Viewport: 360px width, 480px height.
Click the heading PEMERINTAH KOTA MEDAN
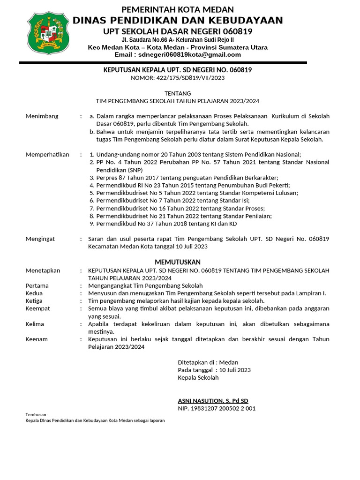(x=178, y=10)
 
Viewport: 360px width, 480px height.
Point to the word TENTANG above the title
(x=178, y=93)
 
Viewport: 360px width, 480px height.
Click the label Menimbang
(x=42, y=116)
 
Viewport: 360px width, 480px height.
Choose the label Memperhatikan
(x=47, y=154)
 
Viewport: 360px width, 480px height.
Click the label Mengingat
(x=40, y=239)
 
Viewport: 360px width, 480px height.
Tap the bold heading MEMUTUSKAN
(x=178, y=262)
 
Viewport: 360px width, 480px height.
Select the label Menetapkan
(x=43, y=270)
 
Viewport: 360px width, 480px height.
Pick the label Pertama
(x=37, y=285)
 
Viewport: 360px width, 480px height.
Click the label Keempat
(x=37, y=308)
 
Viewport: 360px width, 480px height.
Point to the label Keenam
(x=37, y=339)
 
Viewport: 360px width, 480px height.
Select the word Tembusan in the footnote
(x=36, y=415)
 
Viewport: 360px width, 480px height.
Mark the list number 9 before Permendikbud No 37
(x=92, y=223)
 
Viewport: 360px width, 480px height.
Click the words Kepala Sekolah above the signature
(x=198, y=377)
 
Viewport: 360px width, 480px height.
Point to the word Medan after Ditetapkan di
(x=229, y=362)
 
